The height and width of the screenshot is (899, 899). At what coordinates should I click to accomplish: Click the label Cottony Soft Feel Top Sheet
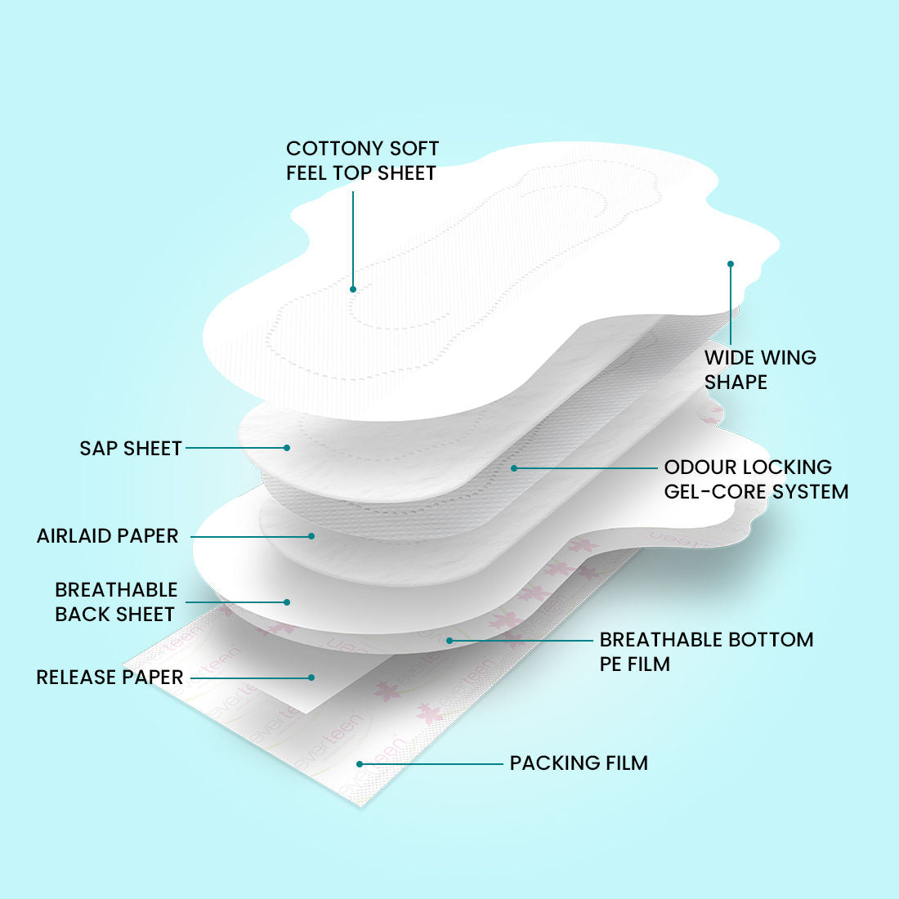[362, 160]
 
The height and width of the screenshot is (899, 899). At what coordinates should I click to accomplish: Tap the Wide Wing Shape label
[760, 369]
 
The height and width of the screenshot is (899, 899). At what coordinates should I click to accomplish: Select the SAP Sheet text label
[131, 449]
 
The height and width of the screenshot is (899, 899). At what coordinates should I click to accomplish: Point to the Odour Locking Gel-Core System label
[756, 479]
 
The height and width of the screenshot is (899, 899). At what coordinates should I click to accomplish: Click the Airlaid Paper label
[108, 536]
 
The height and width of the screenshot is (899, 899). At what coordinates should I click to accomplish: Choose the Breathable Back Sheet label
[116, 602]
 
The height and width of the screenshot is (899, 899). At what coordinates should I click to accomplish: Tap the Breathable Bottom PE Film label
[706, 651]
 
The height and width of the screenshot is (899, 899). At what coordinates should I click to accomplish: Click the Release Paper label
[110, 678]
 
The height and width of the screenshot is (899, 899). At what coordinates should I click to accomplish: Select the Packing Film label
[579, 763]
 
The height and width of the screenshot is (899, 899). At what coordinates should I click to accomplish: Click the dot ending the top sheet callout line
[353, 289]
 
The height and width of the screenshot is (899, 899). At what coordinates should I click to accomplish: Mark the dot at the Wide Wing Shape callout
[731, 264]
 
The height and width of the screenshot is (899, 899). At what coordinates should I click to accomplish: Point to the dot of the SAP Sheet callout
[287, 448]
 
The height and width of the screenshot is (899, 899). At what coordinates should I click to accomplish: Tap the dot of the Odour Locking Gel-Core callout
[514, 468]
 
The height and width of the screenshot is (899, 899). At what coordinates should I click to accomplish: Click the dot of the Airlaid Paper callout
[311, 536]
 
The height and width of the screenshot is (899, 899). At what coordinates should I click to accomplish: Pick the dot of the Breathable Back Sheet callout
[287, 602]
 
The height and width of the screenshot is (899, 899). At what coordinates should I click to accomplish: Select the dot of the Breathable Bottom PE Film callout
[450, 641]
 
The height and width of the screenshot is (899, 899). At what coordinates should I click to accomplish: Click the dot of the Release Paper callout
[311, 678]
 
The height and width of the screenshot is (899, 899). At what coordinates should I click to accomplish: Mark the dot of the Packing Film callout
[360, 764]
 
